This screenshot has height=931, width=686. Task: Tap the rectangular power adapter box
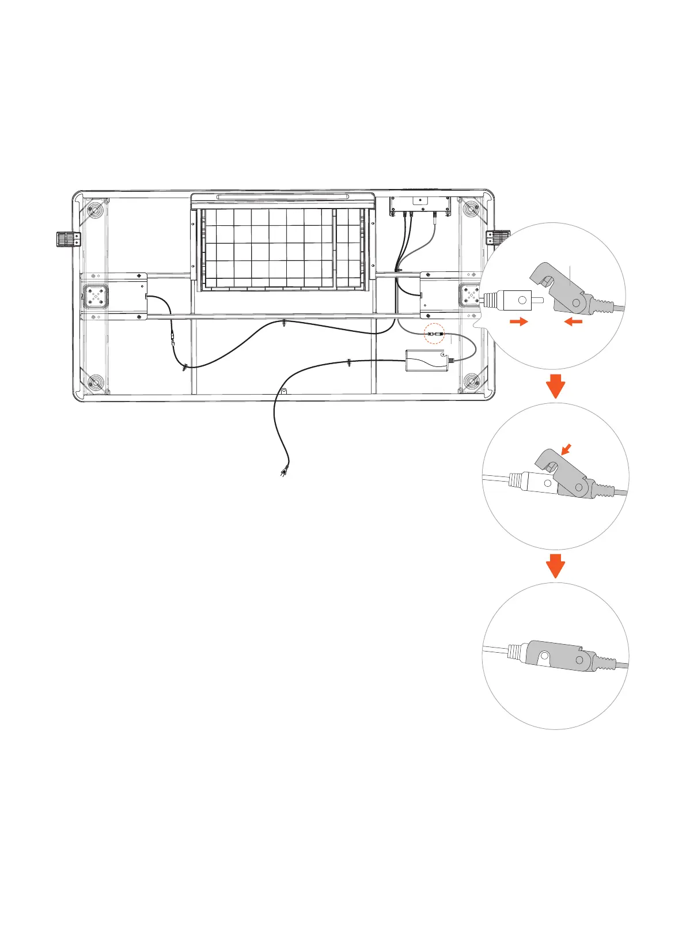[427, 361]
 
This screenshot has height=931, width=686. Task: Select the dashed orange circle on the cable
[435, 334]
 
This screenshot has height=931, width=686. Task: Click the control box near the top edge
[420, 203]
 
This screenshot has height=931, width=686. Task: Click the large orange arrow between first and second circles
[555, 385]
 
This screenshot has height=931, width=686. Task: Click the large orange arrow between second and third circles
[555, 566]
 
